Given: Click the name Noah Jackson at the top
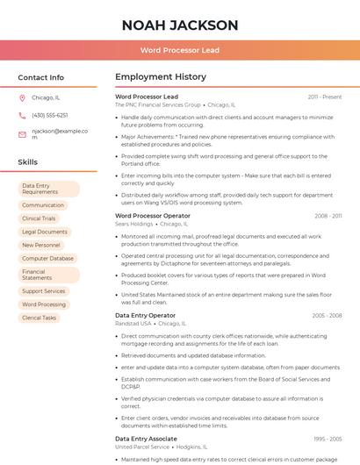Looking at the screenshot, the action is pos(180,25).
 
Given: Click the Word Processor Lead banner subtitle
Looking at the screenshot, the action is pos(180,50).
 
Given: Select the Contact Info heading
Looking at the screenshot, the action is pos(40,77).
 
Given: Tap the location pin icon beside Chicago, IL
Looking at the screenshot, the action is pos(22,98).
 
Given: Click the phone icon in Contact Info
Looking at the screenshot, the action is pos(22,116).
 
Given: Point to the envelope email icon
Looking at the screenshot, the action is pos(22,134).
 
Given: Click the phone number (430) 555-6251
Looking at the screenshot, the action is pos(49,116).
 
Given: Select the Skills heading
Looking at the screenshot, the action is pos(28,162).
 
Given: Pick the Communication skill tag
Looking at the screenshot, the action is pos(43,205).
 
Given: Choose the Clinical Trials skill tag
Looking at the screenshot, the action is pos(39,218).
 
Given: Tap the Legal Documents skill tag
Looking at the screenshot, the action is pos(44,232).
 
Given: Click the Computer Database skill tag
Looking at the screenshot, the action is pos(47,259).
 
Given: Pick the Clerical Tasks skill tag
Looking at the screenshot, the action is pos(39,318).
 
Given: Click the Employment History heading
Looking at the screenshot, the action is pos(161,77).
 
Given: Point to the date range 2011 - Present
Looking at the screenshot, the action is pos(324,97).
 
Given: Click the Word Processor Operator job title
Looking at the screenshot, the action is pos(153,215).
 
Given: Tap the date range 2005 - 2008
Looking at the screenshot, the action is pos(327,315).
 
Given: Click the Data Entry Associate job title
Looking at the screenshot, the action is pos(146,438).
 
